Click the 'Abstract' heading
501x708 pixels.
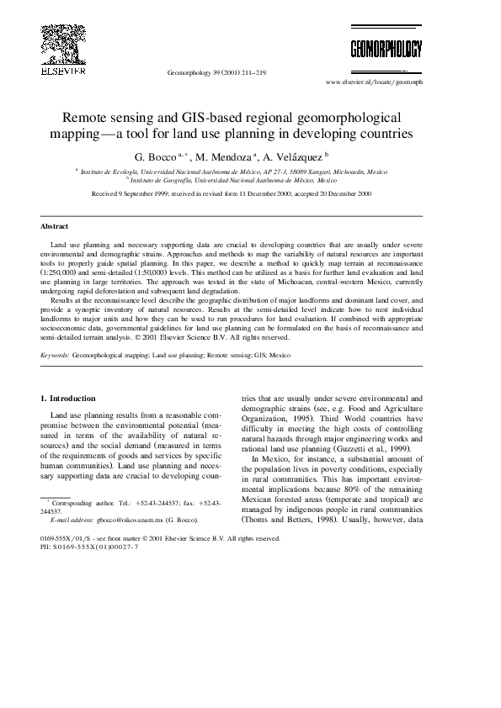[x=54, y=226]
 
